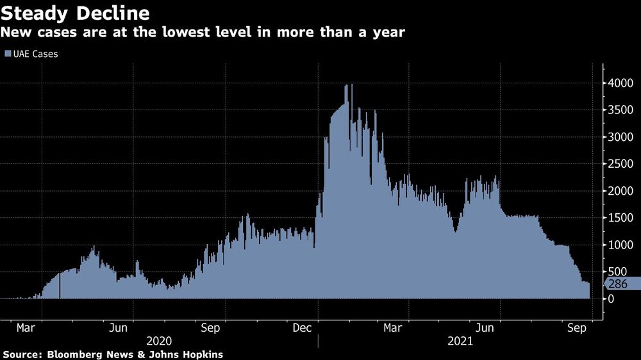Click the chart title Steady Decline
pos(76,13)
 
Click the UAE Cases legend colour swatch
pos(8,54)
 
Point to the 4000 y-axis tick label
pos(619,83)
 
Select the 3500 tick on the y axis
pos(619,110)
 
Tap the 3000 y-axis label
pos(619,137)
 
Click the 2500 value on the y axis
pos(619,164)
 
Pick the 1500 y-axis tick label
pos(619,218)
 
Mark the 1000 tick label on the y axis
pos(619,245)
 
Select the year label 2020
pos(160,341)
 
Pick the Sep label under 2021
pos(578,328)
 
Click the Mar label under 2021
pos(393,328)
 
